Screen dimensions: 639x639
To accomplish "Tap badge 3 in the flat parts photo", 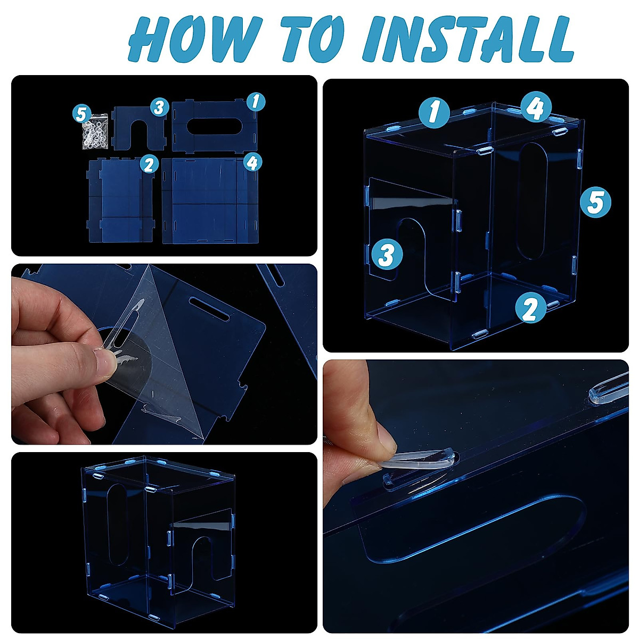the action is point(160,108).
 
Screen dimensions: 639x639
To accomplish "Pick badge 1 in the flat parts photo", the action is point(255,101).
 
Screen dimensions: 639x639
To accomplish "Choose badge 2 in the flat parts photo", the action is point(150,164).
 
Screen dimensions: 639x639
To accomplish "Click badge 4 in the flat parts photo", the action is point(252,162).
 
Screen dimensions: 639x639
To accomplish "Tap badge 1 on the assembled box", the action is point(434,113).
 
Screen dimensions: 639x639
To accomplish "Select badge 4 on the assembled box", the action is point(536,107).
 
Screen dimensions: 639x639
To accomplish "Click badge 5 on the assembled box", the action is point(595,202).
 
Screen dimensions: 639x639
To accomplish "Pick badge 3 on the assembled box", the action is point(387,255).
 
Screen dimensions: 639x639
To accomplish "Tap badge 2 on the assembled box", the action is point(530,308).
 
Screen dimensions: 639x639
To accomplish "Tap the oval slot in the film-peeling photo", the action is point(209,309).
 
